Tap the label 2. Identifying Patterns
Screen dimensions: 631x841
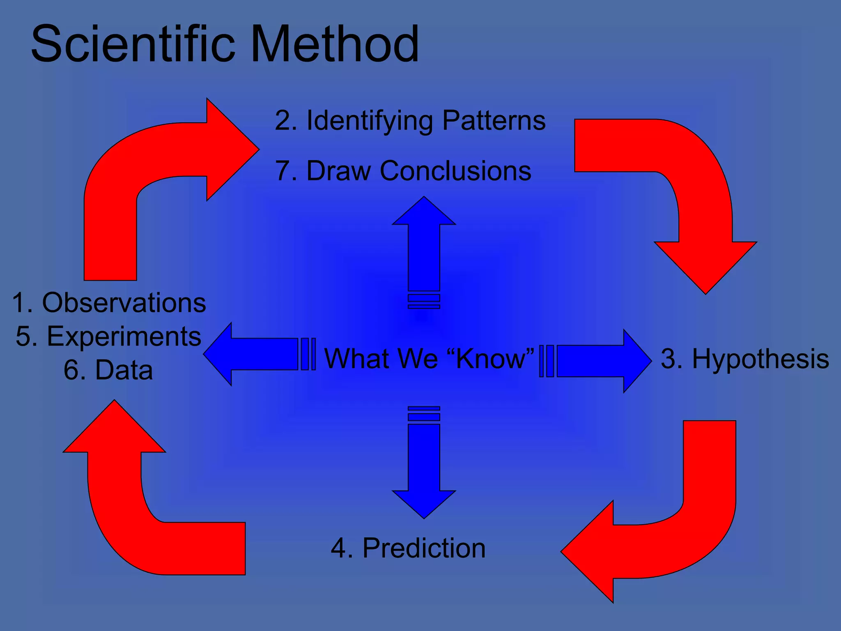click(x=410, y=121)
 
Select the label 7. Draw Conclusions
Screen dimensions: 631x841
click(x=403, y=171)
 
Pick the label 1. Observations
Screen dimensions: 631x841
click(x=109, y=303)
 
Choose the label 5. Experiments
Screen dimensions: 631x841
click(x=108, y=336)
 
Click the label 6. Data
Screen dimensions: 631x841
click(x=108, y=370)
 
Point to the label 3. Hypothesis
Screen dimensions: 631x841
click(x=744, y=359)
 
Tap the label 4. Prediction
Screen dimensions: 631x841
click(x=408, y=548)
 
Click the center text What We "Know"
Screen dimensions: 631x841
click(x=429, y=359)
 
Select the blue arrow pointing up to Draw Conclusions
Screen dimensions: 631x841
click(x=424, y=246)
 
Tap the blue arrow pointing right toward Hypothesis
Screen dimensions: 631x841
click(x=600, y=361)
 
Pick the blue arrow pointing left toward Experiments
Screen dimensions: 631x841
click(x=255, y=354)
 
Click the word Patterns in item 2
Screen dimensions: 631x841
click(x=494, y=121)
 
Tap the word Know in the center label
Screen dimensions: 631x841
click(x=490, y=359)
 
